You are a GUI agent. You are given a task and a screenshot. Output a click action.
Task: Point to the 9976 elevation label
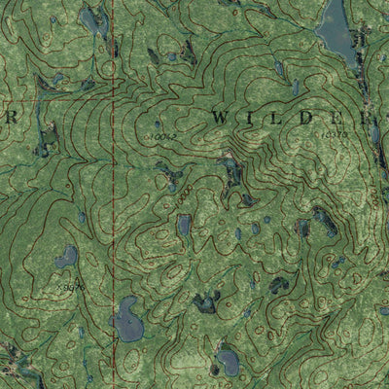click(73, 287)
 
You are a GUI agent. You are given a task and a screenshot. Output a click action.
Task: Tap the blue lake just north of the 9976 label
click(65, 257)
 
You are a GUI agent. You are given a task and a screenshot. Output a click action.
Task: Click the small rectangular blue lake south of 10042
click(184, 226)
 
